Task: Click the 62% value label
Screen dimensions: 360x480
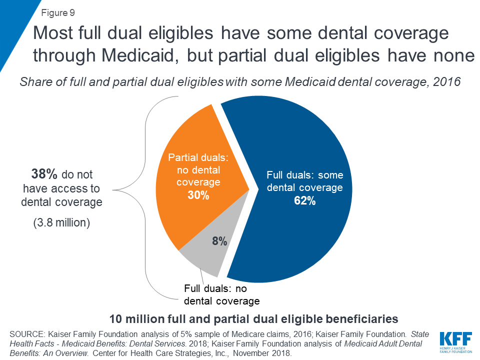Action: (x=304, y=201)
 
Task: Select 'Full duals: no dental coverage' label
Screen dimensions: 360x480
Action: (x=221, y=295)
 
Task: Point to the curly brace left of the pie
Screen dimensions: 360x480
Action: (x=146, y=190)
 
